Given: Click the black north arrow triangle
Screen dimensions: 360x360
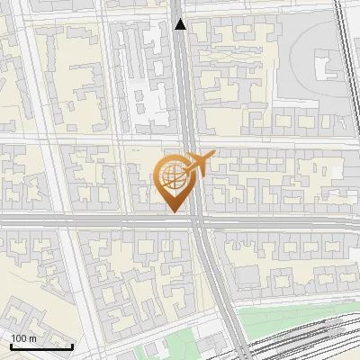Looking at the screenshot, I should pos(181,24).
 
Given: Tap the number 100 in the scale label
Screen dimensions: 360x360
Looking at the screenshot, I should pos(19,338).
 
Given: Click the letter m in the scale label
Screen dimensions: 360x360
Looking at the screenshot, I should pos(32,338).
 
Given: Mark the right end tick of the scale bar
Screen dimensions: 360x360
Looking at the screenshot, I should pos(73,346).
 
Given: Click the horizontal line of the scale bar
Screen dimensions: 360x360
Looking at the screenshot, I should pos(40,346).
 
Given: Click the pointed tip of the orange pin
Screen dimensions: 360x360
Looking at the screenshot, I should pos(174,211).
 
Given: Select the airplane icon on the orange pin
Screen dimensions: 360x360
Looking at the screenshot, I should pos(199,164).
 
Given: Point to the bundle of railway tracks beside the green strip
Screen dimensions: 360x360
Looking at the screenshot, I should pos(297,337).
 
